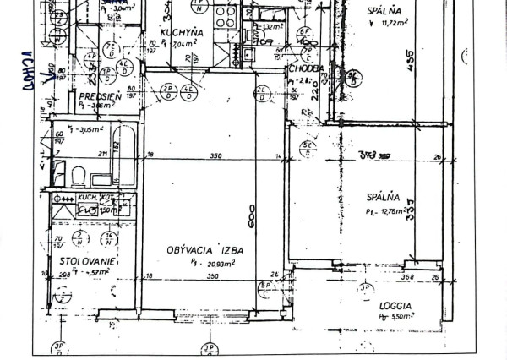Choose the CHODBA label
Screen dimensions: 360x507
305,69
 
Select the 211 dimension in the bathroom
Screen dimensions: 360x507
101,154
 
